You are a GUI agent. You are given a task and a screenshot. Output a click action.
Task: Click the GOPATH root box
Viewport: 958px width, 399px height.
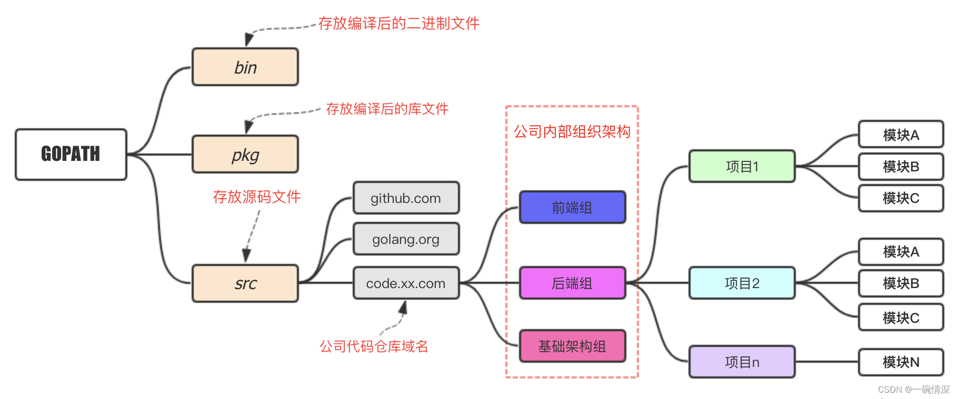[71, 154]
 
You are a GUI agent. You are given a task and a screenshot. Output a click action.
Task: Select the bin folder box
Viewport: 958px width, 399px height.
[245, 67]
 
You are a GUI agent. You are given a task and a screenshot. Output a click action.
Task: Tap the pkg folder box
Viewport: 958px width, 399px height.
[245, 154]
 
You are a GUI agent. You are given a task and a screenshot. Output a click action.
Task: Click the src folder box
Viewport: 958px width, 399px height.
[245, 283]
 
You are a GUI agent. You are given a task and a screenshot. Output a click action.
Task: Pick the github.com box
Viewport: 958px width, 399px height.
[406, 198]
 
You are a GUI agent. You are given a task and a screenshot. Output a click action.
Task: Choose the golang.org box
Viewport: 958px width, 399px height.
[406, 239]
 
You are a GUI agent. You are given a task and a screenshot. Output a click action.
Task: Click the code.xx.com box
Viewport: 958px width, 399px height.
[406, 283]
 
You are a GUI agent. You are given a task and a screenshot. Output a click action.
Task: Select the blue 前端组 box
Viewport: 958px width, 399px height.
[572, 208]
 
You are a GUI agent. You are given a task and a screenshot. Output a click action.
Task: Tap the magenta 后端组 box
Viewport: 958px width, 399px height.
[572, 283]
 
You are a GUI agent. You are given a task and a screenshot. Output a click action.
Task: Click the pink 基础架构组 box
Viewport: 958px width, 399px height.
[572, 346]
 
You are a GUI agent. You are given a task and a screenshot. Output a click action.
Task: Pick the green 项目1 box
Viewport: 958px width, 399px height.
[742, 167]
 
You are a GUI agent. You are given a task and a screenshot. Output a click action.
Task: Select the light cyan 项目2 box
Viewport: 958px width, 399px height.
[742, 283]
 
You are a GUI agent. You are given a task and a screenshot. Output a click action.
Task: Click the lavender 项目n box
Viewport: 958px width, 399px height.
[742, 362]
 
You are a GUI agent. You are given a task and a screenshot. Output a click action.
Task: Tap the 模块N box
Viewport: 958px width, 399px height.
[901, 362]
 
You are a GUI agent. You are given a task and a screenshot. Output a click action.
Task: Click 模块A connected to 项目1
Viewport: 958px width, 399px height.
[901, 135]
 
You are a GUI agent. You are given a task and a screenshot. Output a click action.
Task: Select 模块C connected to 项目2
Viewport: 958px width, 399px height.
[901, 318]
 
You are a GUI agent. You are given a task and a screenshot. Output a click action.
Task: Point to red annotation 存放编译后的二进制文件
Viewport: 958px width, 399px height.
[398, 24]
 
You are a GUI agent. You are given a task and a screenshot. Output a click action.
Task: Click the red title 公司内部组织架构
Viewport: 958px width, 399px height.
[572, 131]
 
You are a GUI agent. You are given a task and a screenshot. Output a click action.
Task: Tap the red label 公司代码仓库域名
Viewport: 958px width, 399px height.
[374, 346]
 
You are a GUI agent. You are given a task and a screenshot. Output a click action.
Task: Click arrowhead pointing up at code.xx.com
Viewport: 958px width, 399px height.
[403, 306]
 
